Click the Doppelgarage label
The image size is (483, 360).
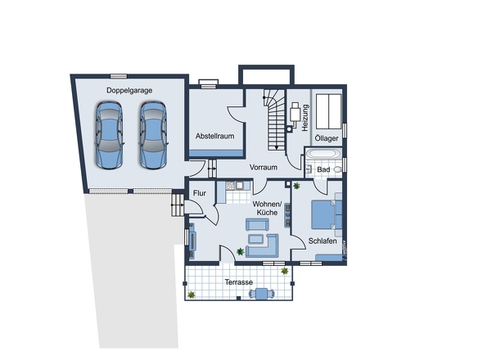[129, 91]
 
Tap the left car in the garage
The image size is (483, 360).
[110, 135]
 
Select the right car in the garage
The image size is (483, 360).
[153, 135]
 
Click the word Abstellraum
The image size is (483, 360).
[214, 136]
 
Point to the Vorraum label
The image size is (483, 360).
[264, 167]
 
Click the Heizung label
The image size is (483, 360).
[305, 118]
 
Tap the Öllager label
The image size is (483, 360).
[327, 138]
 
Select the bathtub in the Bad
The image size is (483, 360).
[323, 153]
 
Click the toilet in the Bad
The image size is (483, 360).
[337, 169]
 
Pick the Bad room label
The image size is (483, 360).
[323, 169]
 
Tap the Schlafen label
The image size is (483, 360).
[323, 241]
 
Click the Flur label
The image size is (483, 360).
[199, 193]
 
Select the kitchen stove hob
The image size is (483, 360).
[230, 186]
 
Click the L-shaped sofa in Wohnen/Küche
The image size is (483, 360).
[263, 246]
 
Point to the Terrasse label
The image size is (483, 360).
[239, 282]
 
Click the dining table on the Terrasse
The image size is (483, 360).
[262, 294]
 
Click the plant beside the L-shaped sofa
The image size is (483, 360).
[240, 252]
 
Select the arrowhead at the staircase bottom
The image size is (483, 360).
[277, 148]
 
